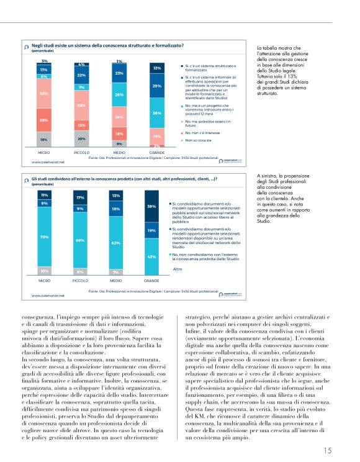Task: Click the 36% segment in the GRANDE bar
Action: click(157, 113)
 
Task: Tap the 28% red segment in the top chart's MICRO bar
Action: click(44, 120)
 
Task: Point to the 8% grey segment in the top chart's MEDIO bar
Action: click(119, 143)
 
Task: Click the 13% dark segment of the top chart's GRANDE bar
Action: click(157, 68)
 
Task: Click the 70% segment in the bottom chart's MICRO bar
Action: click(44, 237)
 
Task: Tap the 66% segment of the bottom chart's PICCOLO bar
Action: click(81, 240)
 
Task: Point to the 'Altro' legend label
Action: click(178, 269)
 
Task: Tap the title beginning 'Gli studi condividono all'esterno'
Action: click(124, 178)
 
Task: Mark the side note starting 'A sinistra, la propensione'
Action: click(281, 199)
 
